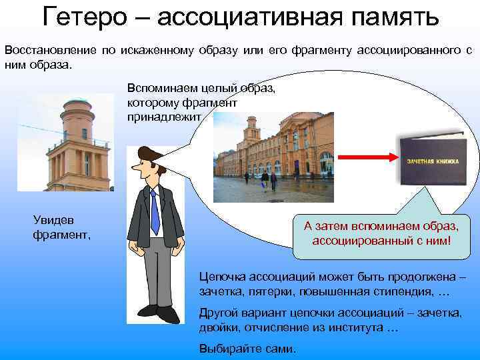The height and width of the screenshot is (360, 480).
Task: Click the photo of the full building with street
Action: coord(273,157)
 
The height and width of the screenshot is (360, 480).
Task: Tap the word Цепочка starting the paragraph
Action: coord(223,276)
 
